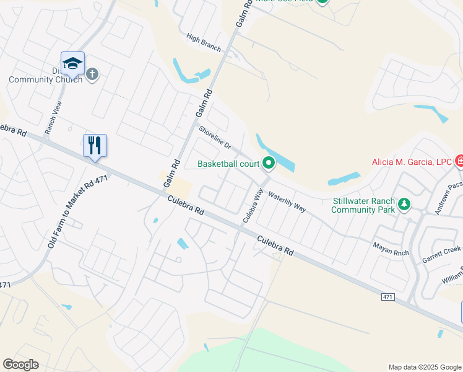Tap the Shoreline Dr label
point(214,138)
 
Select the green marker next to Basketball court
point(269,164)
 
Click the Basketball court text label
point(228,164)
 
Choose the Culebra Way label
point(253,205)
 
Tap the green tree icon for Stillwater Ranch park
point(404,203)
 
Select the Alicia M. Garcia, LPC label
point(411,162)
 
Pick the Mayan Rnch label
point(391,246)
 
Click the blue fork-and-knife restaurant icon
point(95,146)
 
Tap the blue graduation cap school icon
point(72,63)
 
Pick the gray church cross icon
point(92,75)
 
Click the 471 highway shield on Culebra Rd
point(387,298)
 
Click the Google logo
point(20,365)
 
